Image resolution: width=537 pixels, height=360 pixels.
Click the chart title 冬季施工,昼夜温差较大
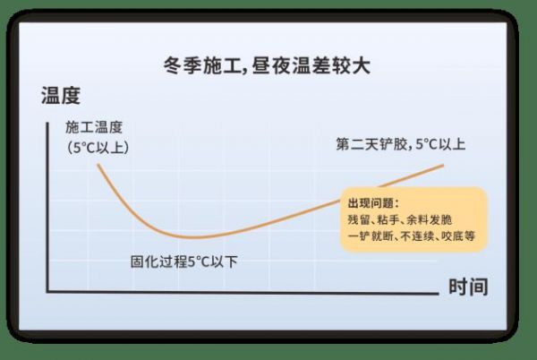click(267, 65)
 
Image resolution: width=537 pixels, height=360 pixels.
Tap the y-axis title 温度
click(61, 95)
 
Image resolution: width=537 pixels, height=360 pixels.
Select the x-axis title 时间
click(468, 287)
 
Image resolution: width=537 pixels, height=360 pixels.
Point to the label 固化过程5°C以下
click(183, 261)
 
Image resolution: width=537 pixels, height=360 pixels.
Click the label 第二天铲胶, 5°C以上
click(401, 144)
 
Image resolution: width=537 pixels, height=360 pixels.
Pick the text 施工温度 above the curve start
click(94, 127)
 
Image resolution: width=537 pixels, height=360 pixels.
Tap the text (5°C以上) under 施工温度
click(98, 148)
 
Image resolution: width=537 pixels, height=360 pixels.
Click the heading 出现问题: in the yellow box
click(373, 203)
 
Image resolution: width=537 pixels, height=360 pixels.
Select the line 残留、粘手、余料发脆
click(400, 219)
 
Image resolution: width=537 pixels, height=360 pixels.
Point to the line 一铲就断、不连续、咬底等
click(412, 236)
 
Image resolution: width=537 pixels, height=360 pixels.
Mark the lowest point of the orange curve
click(195, 237)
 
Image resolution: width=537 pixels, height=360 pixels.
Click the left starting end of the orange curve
click(98, 165)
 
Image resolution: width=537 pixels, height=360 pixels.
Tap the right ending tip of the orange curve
click(443, 166)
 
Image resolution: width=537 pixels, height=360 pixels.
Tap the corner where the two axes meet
click(47, 292)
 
